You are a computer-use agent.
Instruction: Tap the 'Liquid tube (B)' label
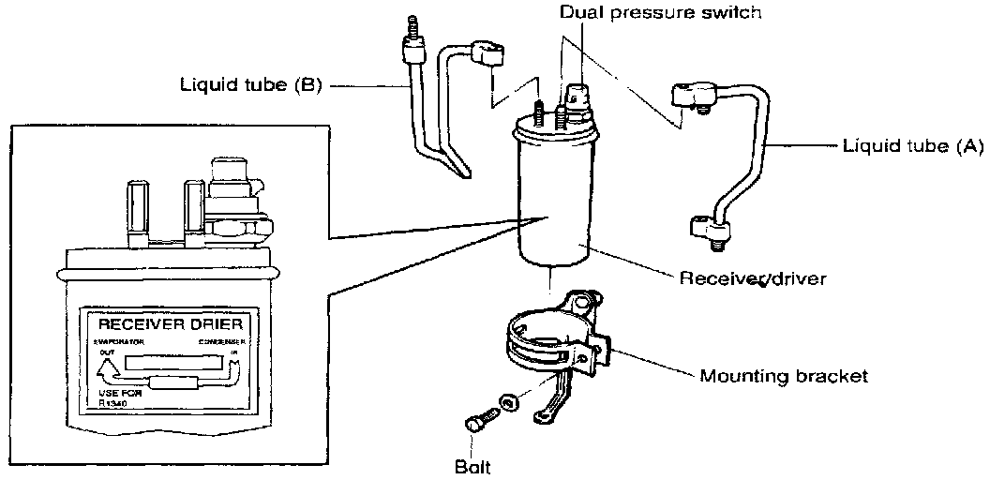[x=250, y=85]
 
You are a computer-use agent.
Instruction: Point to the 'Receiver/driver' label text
[x=753, y=279]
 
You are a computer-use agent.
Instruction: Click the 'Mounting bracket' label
[x=784, y=376]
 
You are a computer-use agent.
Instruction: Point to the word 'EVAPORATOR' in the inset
[x=115, y=344]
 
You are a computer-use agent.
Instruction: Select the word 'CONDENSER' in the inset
[x=222, y=344]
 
